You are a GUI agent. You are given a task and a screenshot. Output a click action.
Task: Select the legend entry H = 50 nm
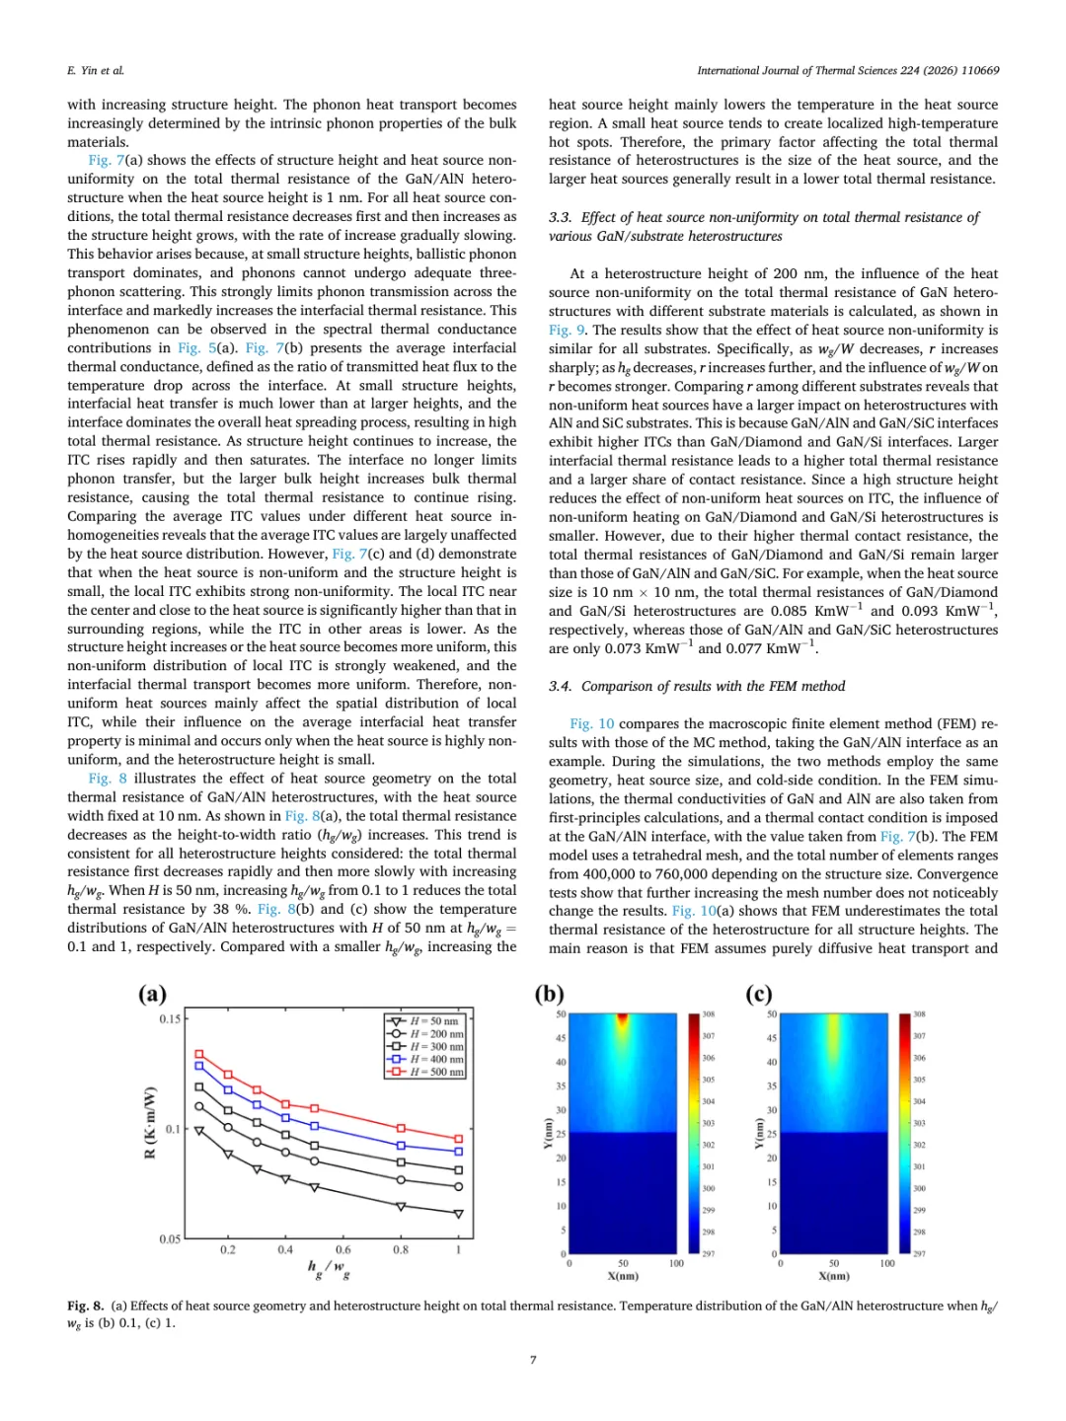(434, 1021)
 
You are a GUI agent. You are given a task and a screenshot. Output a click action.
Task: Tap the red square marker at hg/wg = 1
(458, 1139)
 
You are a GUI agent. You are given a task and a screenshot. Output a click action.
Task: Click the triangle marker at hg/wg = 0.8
(401, 1206)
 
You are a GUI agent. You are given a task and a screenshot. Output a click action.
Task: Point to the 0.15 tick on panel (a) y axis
(170, 1019)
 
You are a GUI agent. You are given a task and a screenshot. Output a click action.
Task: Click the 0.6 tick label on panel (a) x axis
(343, 1249)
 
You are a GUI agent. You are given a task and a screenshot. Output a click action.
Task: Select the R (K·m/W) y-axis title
(150, 1123)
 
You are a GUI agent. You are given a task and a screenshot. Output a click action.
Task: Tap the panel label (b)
(549, 994)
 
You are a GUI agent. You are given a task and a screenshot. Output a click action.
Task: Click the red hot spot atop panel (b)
(622, 1019)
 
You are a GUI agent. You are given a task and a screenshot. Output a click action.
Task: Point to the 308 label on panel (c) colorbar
(919, 1014)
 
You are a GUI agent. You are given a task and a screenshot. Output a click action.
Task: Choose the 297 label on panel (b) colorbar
(708, 1254)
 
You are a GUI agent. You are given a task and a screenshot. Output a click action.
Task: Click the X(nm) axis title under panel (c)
(834, 1276)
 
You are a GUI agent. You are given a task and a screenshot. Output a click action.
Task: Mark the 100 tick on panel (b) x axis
(676, 1263)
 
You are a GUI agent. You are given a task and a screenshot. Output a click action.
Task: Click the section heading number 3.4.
(560, 687)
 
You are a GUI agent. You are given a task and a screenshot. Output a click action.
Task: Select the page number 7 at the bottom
(533, 1360)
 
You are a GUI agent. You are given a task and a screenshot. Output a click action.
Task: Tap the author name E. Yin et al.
(96, 71)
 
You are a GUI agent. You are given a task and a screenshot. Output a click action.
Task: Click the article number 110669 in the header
(980, 71)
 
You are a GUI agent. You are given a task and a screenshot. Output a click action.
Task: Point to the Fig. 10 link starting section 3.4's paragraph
(591, 724)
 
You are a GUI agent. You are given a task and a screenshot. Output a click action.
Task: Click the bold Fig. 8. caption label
(86, 1306)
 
